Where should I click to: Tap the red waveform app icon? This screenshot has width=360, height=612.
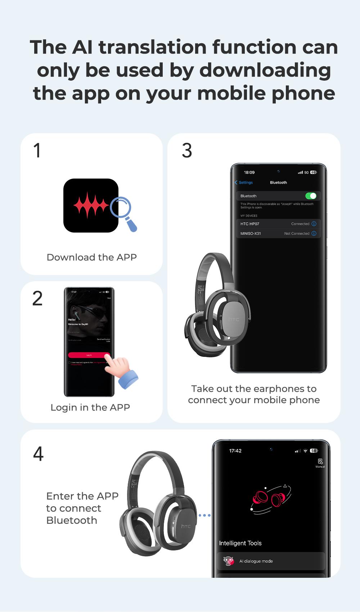tap(91, 206)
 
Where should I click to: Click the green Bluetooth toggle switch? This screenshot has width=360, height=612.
tap(311, 196)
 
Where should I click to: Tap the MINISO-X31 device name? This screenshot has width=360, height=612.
tap(251, 234)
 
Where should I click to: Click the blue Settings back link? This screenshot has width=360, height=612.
tap(244, 183)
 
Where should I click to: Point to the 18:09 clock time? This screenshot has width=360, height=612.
tap(249, 172)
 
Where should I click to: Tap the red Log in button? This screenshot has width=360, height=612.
tap(89, 355)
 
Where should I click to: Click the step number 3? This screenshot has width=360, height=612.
tap(187, 150)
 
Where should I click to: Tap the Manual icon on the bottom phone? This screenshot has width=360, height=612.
tap(320, 462)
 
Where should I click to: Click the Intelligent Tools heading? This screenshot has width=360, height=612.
tap(240, 543)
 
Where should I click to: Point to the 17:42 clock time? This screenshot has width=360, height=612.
tap(235, 451)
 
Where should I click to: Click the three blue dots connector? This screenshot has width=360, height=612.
tap(204, 515)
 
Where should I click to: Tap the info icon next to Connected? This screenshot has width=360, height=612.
tap(314, 224)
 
